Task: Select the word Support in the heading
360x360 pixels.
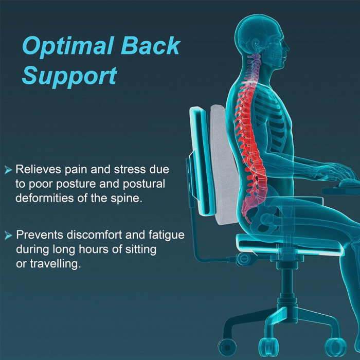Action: pos(69,76)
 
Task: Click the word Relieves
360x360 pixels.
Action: pos(38,169)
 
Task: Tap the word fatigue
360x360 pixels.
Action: pos(166,235)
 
